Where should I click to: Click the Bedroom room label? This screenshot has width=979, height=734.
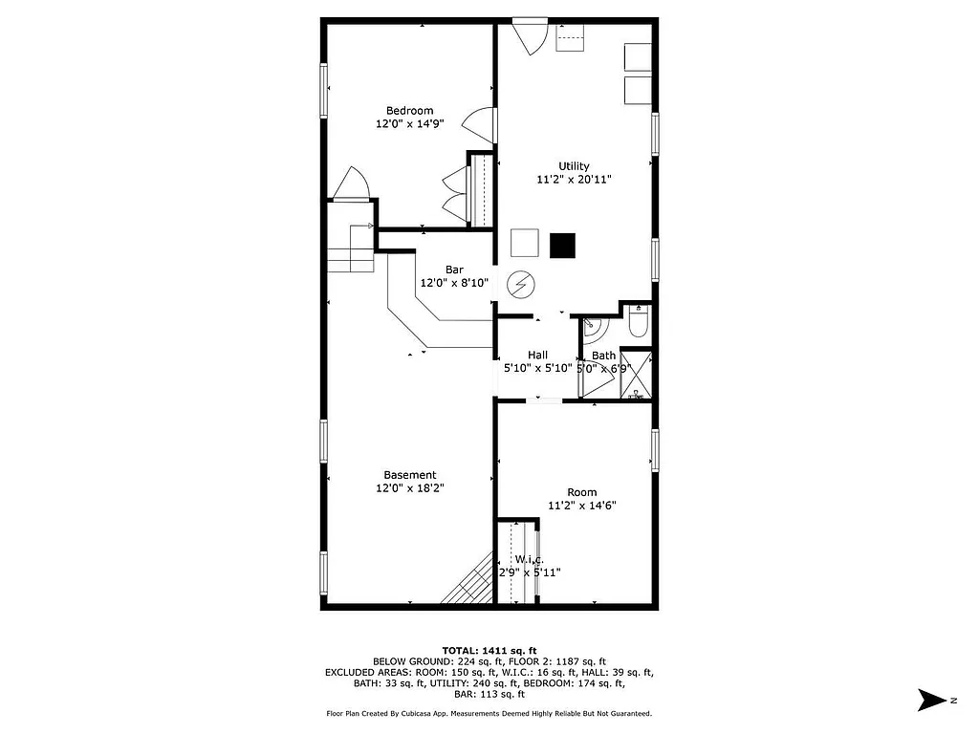[409, 111]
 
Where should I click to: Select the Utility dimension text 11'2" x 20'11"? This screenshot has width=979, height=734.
[574, 179]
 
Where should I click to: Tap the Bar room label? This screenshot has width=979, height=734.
[454, 270]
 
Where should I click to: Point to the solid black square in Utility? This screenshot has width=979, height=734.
[563, 245]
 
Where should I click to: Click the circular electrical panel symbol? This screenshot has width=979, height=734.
[521, 284]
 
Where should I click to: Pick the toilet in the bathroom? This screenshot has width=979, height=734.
[639, 323]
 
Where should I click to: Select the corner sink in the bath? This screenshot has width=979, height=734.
[594, 328]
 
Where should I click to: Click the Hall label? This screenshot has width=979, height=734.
[537, 355]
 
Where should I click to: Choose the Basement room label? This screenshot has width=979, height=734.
[409, 475]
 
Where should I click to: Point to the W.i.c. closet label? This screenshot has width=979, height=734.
[529, 559]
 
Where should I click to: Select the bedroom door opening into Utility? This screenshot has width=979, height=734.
[481, 125]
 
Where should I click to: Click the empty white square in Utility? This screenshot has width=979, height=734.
[525, 245]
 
